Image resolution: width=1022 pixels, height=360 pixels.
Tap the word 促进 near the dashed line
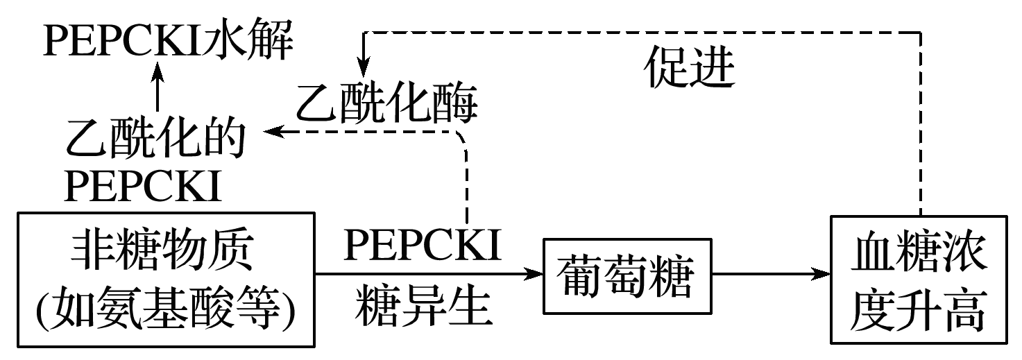pos(691,69)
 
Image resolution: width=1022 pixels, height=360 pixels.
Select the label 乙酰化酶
pos(387,105)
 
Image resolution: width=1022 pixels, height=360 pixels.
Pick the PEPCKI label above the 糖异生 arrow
pos(423,246)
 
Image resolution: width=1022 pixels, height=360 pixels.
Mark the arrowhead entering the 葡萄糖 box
pos(535,275)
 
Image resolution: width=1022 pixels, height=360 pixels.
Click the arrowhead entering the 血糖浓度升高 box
pos(823,275)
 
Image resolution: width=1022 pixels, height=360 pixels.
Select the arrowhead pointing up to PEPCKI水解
pos(157,68)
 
